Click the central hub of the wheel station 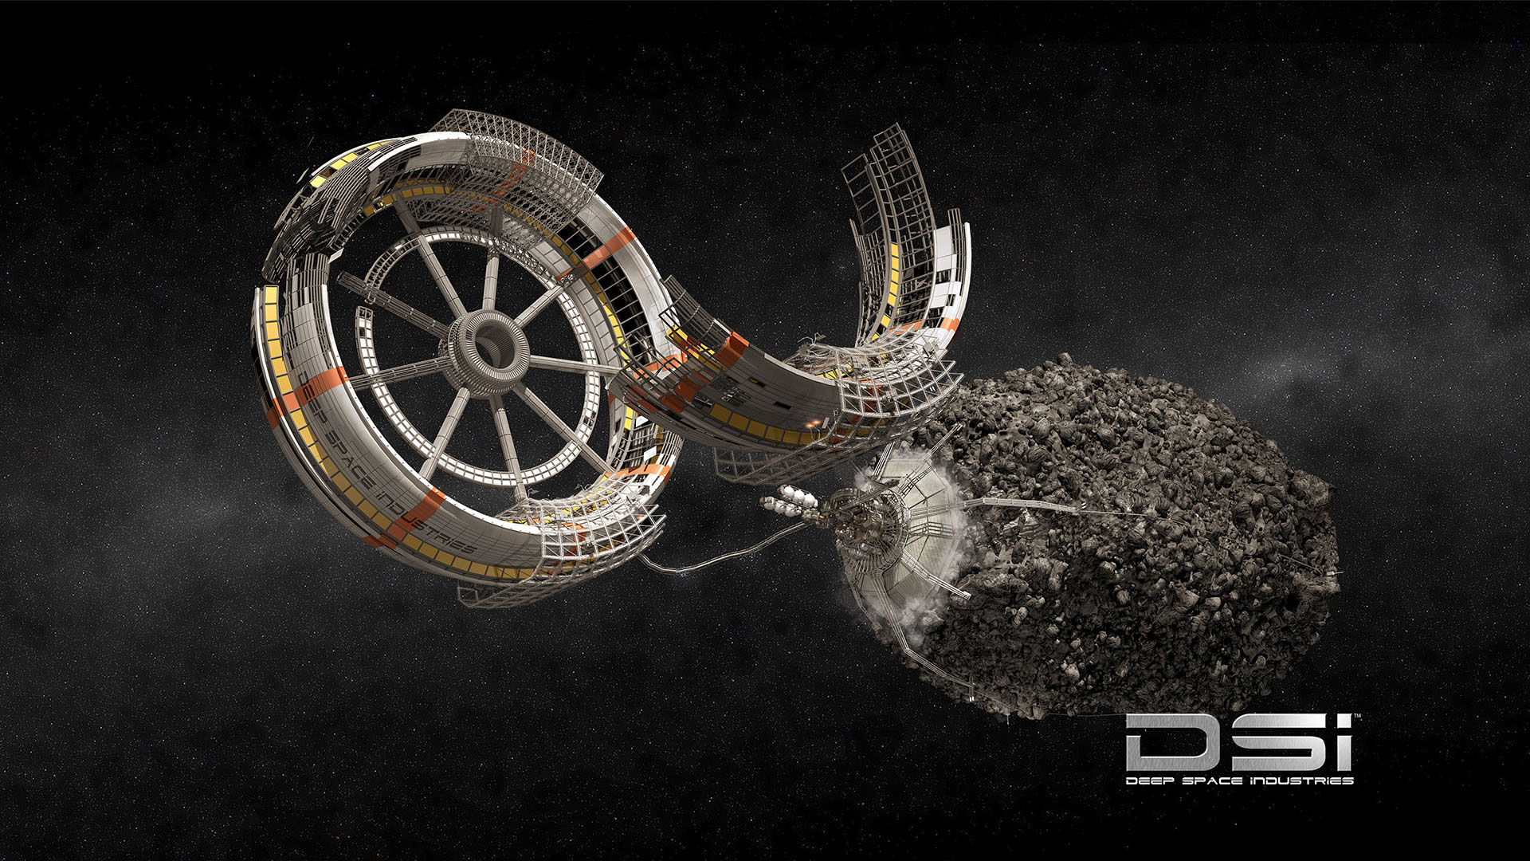tap(486, 351)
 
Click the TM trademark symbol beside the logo tap(1358, 717)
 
